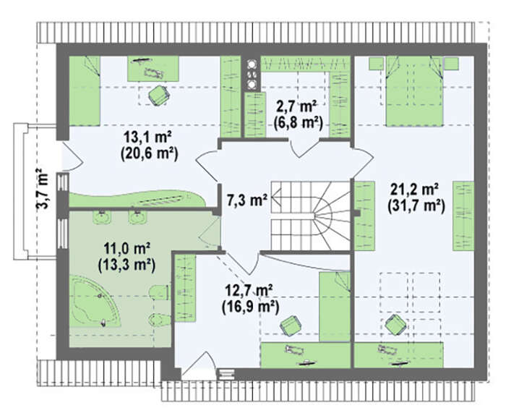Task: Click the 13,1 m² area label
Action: [147, 137]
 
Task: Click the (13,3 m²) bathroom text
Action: [126, 266]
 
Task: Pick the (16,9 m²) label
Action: [250, 307]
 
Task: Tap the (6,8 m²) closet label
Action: [298, 123]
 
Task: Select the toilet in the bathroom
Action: [160, 292]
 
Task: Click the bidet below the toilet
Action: [160, 320]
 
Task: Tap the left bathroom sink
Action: [103, 217]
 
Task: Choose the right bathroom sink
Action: [138, 217]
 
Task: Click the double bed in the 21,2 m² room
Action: [415, 91]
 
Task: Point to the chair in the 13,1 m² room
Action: [159, 94]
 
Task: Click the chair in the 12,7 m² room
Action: [291, 325]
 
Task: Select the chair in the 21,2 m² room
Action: [395, 324]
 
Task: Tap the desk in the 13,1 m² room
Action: [153, 69]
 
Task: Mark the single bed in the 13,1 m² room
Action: [85, 90]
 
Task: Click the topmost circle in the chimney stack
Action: [251, 64]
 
